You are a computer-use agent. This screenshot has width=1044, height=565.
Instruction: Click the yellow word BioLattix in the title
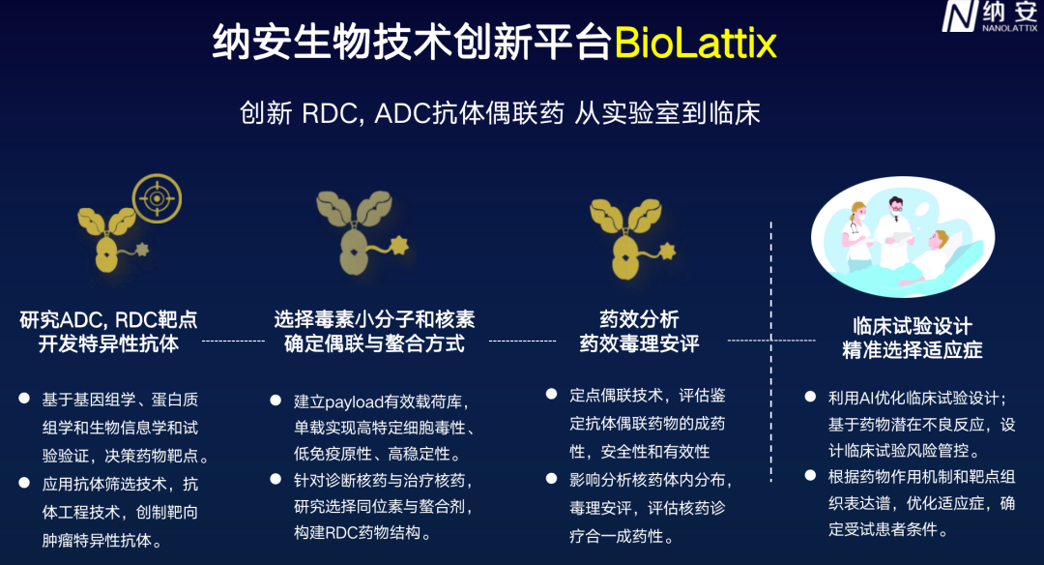pos(695,45)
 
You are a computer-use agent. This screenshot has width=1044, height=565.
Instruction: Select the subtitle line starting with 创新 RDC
pos(500,113)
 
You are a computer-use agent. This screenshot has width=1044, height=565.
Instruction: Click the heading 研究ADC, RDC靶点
pos(108,319)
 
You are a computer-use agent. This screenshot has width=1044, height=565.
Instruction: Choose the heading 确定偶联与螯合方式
pos(374,344)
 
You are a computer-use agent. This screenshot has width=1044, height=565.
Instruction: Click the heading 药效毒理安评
pos(639,344)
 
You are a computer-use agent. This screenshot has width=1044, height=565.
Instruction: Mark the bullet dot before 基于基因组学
pos(24,398)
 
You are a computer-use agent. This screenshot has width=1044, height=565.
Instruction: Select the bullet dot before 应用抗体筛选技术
pos(24,482)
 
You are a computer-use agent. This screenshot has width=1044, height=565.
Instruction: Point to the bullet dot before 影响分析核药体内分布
pos(550,478)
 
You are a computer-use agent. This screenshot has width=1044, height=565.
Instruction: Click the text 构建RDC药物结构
pos(362,532)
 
